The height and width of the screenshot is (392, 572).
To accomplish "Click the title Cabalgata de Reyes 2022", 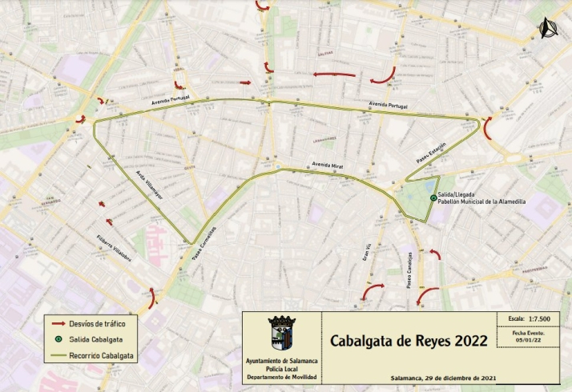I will click(409, 341).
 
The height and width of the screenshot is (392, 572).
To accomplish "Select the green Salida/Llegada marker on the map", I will click(433, 198).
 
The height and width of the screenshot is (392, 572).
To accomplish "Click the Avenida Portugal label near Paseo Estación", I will click(388, 106).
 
